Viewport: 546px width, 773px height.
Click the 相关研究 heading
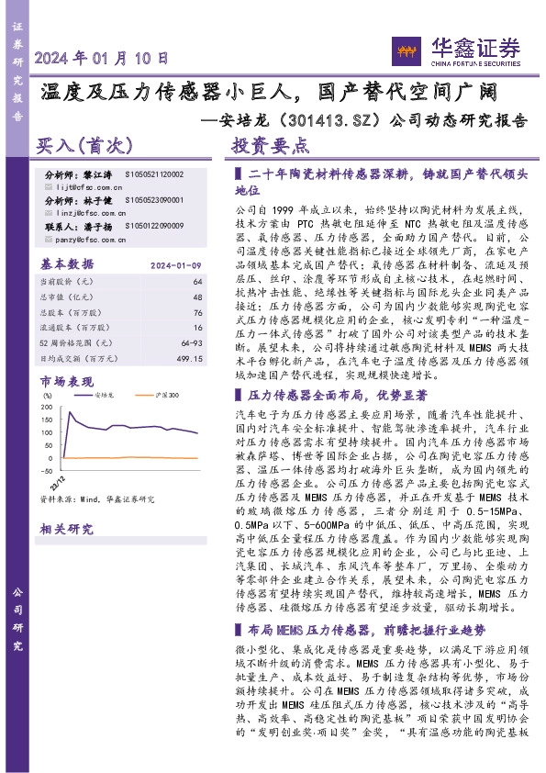65,530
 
